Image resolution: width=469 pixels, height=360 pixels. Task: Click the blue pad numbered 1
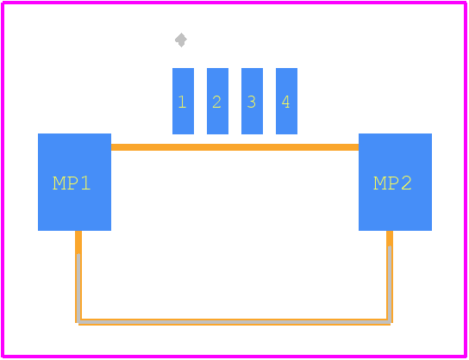point(183,101)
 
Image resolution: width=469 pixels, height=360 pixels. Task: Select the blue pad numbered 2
point(217,101)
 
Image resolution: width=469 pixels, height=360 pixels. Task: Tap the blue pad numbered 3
point(252,101)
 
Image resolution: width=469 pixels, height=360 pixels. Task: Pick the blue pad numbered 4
point(286,101)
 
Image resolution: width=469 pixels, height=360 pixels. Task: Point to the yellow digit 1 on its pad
point(182,102)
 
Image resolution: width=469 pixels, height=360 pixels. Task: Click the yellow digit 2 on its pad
point(217,102)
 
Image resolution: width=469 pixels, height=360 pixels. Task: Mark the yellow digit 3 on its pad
point(252,102)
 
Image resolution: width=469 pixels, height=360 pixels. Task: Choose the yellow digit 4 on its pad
point(285,102)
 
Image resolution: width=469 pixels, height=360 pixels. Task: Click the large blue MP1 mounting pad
point(74,182)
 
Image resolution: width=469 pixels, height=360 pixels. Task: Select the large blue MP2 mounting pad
point(395,182)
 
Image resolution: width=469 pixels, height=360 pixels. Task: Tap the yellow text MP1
point(72,183)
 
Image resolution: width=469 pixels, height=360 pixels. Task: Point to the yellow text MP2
point(392,183)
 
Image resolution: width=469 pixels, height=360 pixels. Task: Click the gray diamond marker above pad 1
point(181,40)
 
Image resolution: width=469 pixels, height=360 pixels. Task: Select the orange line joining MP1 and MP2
point(234,147)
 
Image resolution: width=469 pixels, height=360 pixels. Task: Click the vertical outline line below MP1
point(78,276)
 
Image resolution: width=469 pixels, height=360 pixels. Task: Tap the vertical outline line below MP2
point(390,276)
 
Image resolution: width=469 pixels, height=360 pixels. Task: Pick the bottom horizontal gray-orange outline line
point(234,322)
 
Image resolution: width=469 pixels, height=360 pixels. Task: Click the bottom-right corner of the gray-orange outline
point(390,322)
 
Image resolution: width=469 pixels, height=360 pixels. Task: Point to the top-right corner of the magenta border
point(465,3)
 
